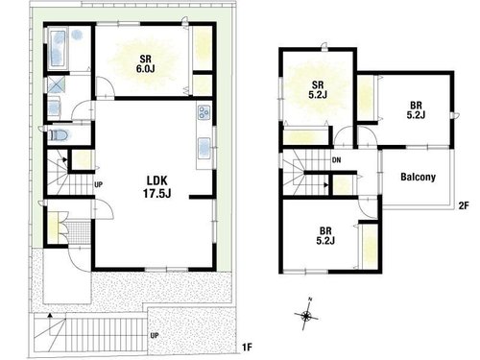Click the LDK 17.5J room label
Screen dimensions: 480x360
[x=156, y=187]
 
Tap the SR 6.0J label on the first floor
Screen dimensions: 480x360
[x=146, y=63]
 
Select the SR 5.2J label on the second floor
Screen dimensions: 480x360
[x=318, y=90]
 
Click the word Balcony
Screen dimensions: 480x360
[x=418, y=177]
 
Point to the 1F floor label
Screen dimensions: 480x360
[x=248, y=347]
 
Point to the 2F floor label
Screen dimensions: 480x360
[x=464, y=205]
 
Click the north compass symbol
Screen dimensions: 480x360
[x=306, y=315]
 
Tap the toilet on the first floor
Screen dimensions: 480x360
[x=60, y=135]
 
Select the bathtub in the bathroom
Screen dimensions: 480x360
[x=58, y=48]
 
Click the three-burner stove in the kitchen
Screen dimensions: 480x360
[x=204, y=112]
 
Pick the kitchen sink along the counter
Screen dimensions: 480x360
[x=204, y=149]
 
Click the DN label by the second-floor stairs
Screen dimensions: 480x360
[x=337, y=160]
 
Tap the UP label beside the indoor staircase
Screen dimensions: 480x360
[x=99, y=184]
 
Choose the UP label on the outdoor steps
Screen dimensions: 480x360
[x=155, y=336]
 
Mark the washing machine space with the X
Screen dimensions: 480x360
[x=57, y=84]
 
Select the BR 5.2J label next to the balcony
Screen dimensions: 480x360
[x=416, y=109]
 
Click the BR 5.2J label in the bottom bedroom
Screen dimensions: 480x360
[x=325, y=235]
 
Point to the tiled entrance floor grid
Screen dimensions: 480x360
[x=79, y=232]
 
